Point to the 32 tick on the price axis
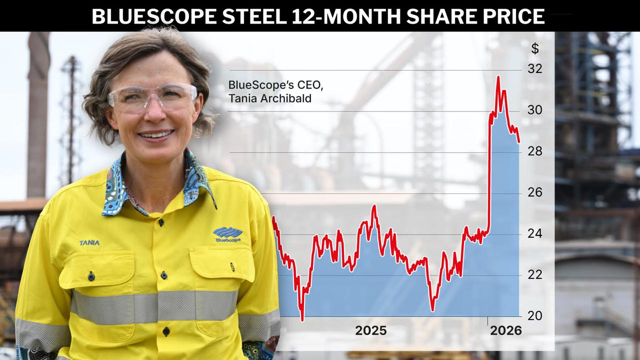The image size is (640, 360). [535, 69]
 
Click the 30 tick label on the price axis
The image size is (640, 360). [535, 110]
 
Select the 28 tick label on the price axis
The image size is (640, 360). [535, 151]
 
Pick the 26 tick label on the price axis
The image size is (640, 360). [535, 193]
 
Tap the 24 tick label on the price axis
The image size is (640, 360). [535, 234]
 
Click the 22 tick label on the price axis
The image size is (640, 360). [535, 275]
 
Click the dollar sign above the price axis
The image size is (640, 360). [535, 48]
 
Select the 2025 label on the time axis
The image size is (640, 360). [370, 330]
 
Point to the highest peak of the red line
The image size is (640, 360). [498, 77]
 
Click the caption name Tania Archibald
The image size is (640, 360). [270, 98]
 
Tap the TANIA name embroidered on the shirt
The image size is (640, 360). [89, 243]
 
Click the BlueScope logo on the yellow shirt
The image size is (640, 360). [227, 234]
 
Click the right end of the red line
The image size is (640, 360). [519, 142]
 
